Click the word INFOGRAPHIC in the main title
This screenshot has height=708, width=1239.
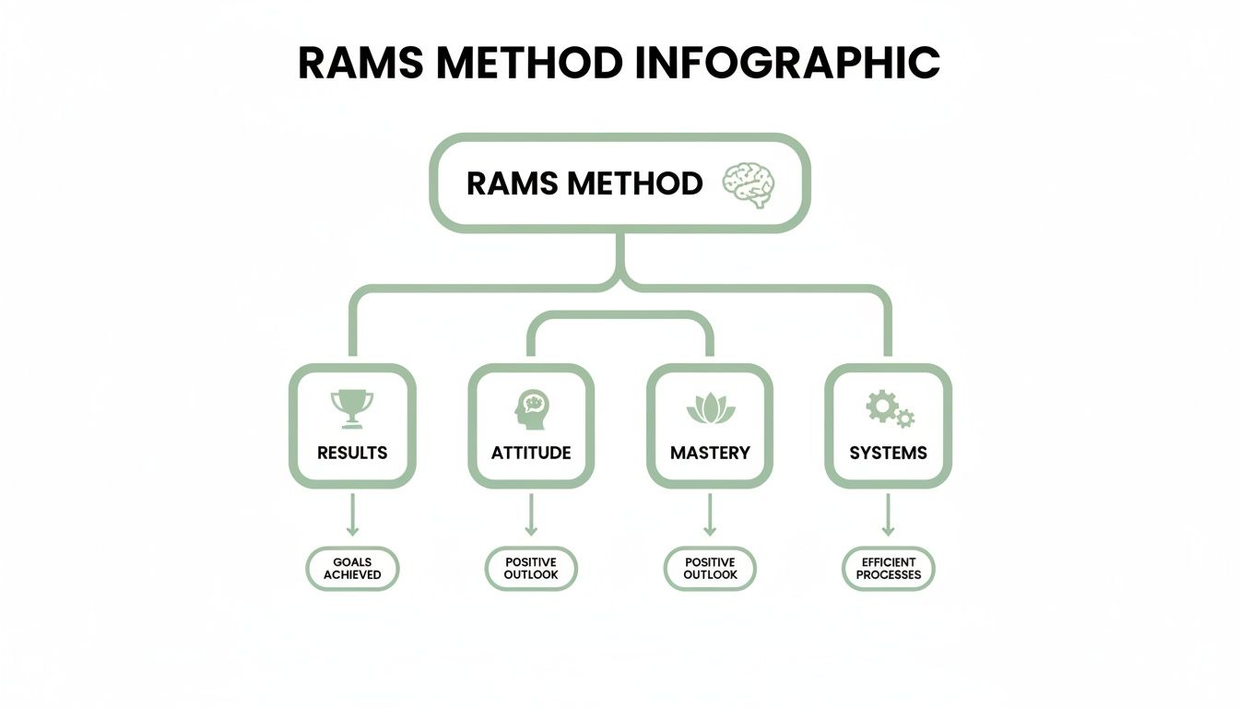[787, 63]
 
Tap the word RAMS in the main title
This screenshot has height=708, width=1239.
[360, 63]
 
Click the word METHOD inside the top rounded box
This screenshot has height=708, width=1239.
[635, 183]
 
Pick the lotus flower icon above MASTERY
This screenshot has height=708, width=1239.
[710, 408]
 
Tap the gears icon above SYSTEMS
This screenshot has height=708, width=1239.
[890, 407]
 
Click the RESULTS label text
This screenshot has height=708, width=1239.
[352, 453]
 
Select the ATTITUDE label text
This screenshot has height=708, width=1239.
[531, 453]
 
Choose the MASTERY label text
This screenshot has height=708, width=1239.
[710, 453]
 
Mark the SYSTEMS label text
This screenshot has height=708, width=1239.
[889, 453]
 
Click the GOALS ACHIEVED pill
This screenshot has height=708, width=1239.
[352, 569]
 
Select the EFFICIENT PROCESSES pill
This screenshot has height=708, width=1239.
[889, 569]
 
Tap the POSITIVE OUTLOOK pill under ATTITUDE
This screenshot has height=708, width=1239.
[531, 569]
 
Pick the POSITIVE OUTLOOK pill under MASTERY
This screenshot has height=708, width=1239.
[710, 569]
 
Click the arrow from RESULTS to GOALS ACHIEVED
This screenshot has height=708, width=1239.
[352, 515]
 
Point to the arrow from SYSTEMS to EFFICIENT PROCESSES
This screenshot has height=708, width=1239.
[889, 515]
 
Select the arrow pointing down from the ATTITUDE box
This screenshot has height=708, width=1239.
[531, 515]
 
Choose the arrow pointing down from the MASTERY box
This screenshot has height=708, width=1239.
[710, 515]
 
